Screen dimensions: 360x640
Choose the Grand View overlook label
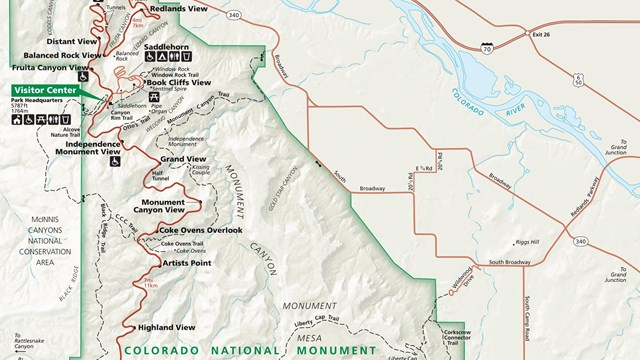pyautogui.click(x=183, y=160)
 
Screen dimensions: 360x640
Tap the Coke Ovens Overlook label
pyautogui.click(x=200, y=230)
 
